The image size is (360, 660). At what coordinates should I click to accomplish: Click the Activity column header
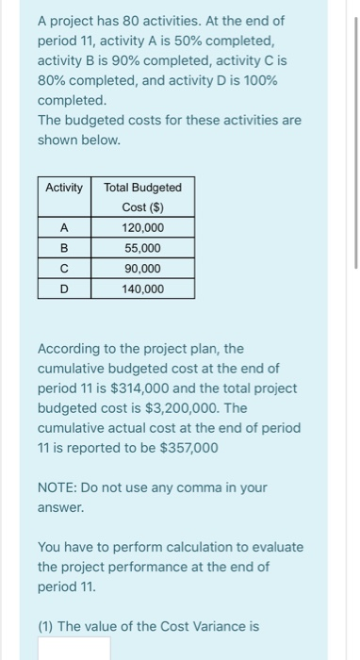[x=64, y=188]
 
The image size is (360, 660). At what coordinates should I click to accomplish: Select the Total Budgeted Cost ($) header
[x=142, y=197]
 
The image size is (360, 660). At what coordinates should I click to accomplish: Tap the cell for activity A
[x=64, y=228]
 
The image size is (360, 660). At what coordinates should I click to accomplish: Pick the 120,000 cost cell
[x=142, y=228]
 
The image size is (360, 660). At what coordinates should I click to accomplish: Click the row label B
[x=64, y=249]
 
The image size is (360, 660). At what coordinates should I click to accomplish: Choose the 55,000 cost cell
[x=142, y=249]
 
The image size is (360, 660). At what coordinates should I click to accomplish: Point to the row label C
[x=64, y=269]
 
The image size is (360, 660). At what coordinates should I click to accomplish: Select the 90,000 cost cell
[x=142, y=269]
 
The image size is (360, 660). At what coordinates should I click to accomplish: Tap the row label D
[x=64, y=289]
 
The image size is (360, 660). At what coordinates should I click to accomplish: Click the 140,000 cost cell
[x=142, y=289]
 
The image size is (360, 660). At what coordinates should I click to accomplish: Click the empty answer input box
[x=74, y=649]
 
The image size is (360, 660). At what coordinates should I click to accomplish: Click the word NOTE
[x=59, y=487]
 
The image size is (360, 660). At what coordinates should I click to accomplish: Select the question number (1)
[x=49, y=626]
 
